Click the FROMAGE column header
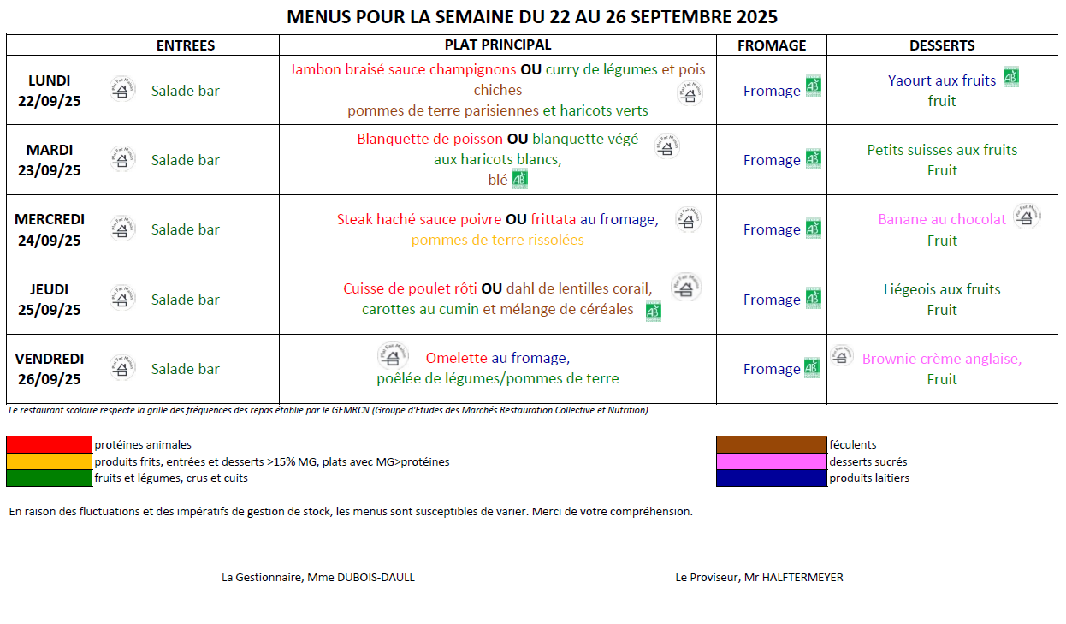click(x=771, y=45)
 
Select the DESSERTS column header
click(x=941, y=45)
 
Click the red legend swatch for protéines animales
click(x=49, y=445)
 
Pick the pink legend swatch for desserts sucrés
click(x=771, y=461)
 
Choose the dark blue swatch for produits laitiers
click(x=771, y=478)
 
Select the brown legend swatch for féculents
click(x=771, y=445)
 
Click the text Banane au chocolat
click(x=942, y=219)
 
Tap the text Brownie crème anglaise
click(x=942, y=359)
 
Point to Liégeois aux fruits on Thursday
click(x=942, y=289)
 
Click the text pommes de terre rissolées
click(x=497, y=240)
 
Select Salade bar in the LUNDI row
click(x=186, y=91)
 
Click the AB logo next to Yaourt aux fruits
click(x=1011, y=78)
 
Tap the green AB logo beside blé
click(x=520, y=180)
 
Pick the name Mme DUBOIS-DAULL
click(x=359, y=578)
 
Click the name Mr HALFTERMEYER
click(x=792, y=578)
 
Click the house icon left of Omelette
click(x=393, y=355)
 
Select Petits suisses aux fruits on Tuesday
click(x=942, y=150)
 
